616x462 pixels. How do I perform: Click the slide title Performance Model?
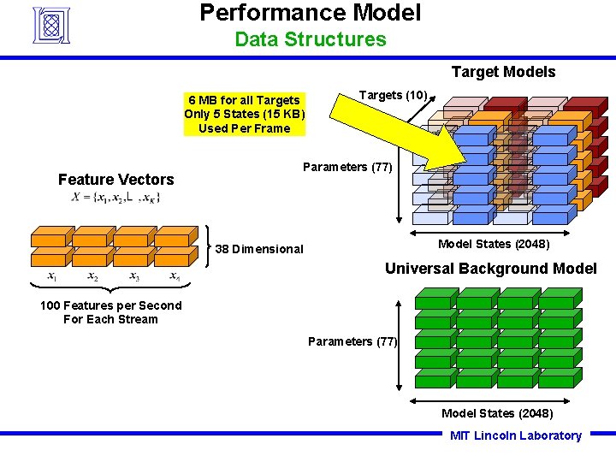pos(310,13)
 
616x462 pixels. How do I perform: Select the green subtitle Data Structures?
pos(310,39)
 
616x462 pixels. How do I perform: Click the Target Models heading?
pos(503,72)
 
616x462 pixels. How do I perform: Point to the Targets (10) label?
pos(393,95)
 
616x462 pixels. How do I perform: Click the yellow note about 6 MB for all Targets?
pos(244,115)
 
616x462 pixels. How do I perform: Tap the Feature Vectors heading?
pos(115,180)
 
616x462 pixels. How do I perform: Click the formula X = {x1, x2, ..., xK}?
pos(115,198)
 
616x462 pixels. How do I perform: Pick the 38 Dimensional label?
pos(259,249)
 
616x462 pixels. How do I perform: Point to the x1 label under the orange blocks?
pos(52,276)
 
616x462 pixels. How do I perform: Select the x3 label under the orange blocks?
pos(134,276)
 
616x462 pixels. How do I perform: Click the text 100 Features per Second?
pos(110,305)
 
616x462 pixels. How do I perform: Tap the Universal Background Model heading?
pos(490,269)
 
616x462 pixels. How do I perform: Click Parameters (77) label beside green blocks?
pos(352,341)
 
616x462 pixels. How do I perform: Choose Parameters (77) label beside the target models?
pos(347,167)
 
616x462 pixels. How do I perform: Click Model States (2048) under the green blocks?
pos(497,413)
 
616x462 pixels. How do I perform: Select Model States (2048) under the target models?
pos(494,244)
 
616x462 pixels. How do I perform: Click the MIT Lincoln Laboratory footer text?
pos(515,435)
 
